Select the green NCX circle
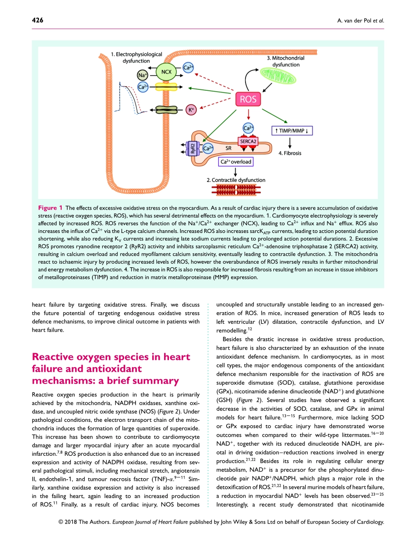(x=166, y=71)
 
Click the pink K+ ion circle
(x=191, y=110)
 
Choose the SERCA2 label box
(x=248, y=141)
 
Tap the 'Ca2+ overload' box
(x=236, y=162)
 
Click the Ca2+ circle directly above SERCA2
(x=248, y=129)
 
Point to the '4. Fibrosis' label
(x=290, y=153)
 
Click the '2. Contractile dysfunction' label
(x=236, y=180)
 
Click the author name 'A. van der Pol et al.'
(x=359, y=21)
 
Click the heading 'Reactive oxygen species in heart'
(x=111, y=357)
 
